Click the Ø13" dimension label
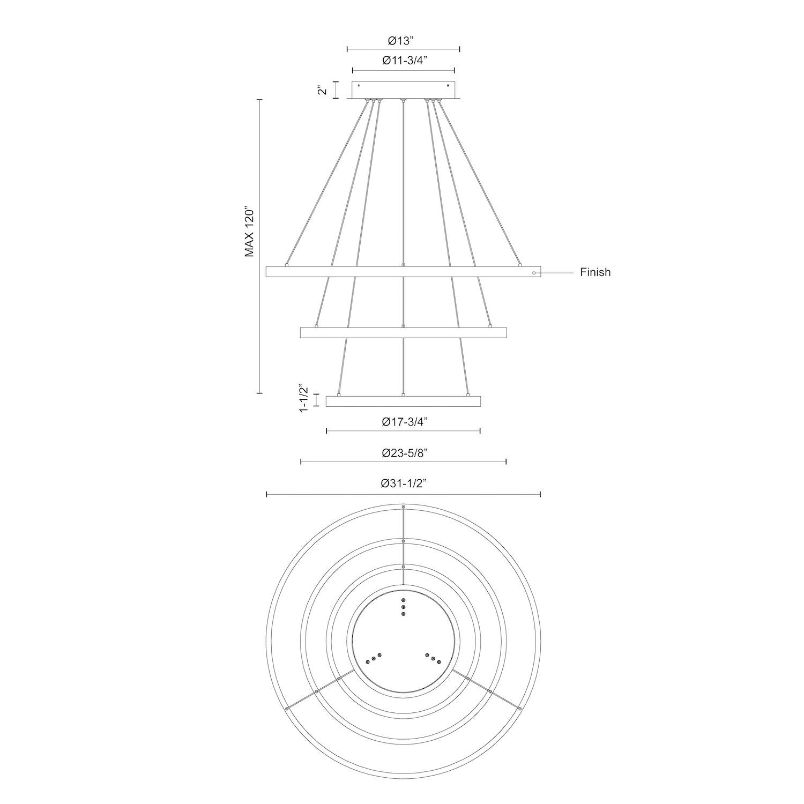tap(404, 41)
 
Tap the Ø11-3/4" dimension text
tap(404, 61)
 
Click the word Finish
tap(595, 272)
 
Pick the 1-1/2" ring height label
tap(304, 398)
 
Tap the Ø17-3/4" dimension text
tap(404, 422)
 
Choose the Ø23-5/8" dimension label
tap(404, 453)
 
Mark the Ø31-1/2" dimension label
tap(404, 483)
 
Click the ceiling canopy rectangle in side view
tap(403, 90)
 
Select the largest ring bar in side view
tap(403, 272)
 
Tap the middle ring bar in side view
tap(403, 332)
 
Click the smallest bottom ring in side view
tap(403, 401)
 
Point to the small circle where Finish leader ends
tap(534, 273)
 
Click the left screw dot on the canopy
tap(359, 85)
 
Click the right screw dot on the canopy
tap(448, 85)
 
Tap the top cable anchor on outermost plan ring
tap(404, 507)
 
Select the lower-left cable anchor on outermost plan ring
tap(287, 709)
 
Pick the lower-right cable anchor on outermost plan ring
tap(519, 709)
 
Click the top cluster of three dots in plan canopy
tap(404, 607)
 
